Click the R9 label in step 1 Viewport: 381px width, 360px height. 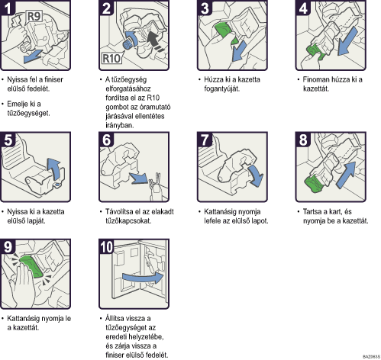point(34,16)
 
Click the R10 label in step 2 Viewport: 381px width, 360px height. point(111,58)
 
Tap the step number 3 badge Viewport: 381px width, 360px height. point(205,8)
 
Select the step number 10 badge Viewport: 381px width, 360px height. point(106,246)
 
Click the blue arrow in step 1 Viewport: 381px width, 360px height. point(33,56)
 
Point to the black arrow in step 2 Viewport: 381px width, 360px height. point(156,42)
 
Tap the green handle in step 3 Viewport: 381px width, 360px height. point(223,30)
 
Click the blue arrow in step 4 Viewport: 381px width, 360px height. point(348,40)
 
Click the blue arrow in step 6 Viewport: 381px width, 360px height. point(138,178)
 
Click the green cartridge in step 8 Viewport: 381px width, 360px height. point(313,184)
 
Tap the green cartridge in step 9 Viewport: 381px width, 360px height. point(31,266)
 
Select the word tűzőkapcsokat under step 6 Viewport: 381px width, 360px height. point(128,220)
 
